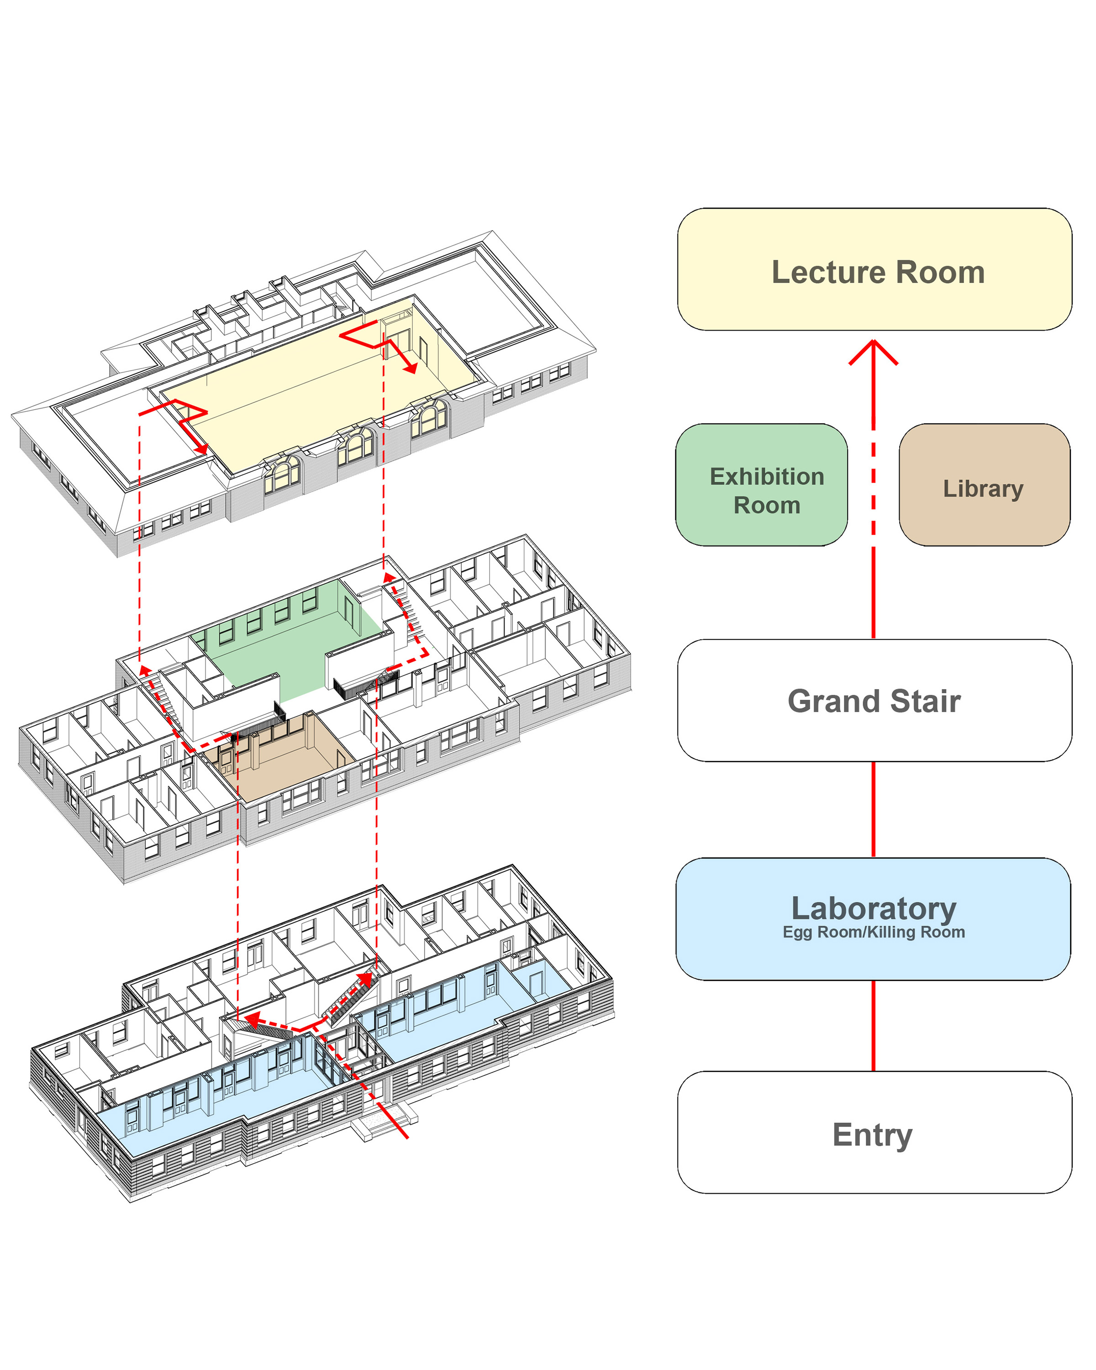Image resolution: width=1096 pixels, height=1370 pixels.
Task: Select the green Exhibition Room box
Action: pos(761,485)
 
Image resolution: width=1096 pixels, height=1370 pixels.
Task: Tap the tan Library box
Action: pos(984,485)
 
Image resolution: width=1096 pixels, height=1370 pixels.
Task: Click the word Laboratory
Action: pos(873,909)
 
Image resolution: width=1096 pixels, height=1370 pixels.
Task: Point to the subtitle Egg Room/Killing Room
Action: pos(873,932)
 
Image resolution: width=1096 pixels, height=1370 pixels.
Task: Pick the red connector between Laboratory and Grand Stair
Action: pos(873,808)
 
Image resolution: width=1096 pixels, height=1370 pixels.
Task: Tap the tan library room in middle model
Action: pos(279,763)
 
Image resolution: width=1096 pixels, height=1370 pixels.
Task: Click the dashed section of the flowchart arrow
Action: pos(873,483)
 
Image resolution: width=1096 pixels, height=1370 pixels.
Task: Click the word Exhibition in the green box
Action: pos(766,476)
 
